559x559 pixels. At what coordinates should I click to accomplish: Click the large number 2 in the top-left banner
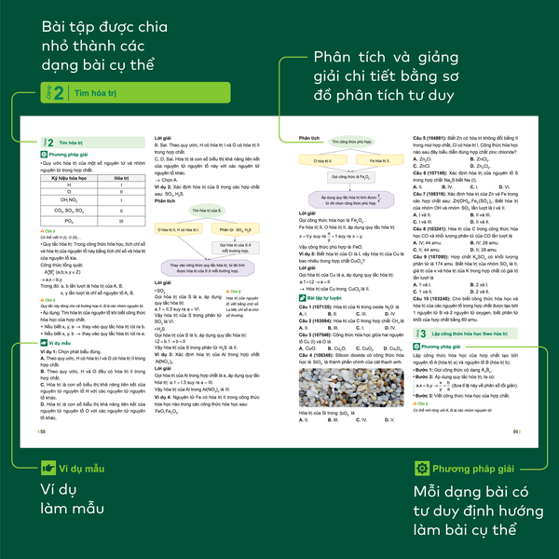[x=59, y=93]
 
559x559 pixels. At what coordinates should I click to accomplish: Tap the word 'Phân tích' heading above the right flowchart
[x=308, y=135]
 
